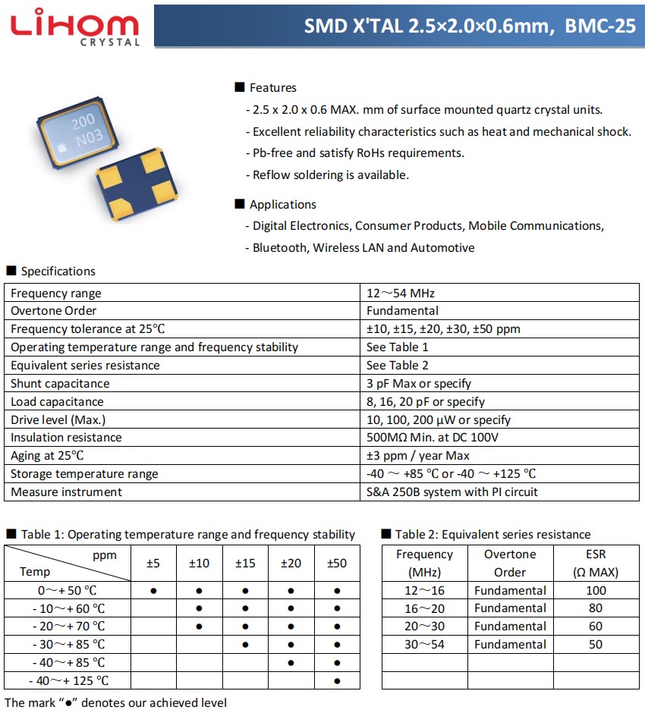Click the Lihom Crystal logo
(75, 27)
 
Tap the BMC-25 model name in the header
(596, 26)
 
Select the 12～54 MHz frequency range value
(401, 293)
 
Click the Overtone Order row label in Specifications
(54, 311)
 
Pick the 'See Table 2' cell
(398, 366)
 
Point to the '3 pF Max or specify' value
(419, 384)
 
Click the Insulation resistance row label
(66, 438)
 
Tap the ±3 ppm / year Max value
(418, 456)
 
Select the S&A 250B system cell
(452, 492)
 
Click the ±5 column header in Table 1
(153, 564)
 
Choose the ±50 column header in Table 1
(337, 564)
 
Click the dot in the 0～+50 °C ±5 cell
(153, 590)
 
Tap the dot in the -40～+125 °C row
(337, 681)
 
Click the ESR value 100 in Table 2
(596, 590)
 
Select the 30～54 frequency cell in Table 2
(424, 645)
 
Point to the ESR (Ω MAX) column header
(596, 564)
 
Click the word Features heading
(272, 88)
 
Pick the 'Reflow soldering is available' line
(331, 175)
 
